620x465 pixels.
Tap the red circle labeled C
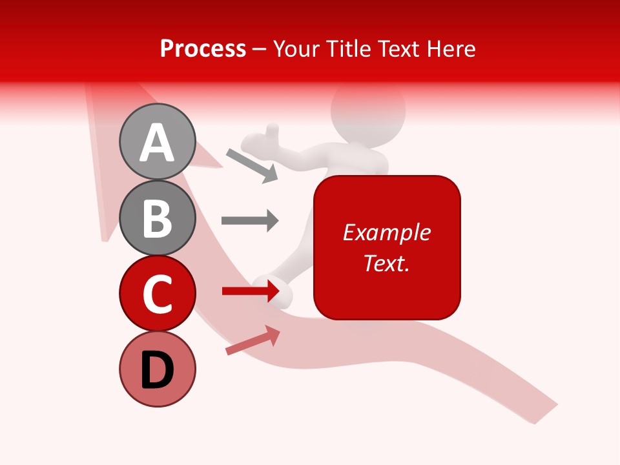point(157,293)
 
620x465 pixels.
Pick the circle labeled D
point(157,369)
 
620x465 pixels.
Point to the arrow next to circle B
point(250,220)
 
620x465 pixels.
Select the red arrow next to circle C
point(250,291)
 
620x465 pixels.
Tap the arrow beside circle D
point(253,340)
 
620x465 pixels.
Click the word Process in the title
point(203,48)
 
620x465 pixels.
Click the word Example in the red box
point(386,232)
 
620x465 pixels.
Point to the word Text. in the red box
point(386,263)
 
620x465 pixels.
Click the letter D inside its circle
point(157,371)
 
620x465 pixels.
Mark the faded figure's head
point(368,110)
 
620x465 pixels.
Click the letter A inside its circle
point(157,143)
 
